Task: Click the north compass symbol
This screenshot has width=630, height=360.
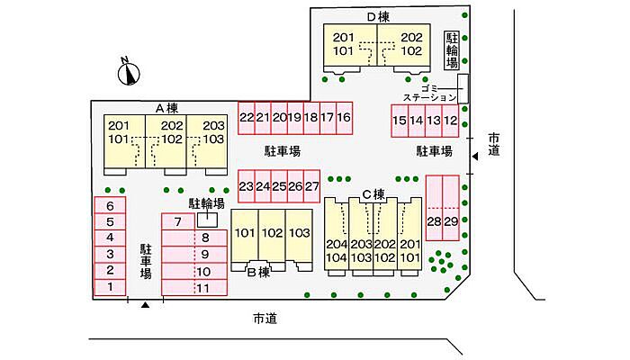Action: [129, 71]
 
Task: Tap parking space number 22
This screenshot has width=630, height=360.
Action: [247, 117]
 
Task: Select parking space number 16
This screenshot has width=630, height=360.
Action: [344, 117]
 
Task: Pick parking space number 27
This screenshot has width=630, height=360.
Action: [311, 186]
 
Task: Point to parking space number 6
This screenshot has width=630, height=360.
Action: [110, 205]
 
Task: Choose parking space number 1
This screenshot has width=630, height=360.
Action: [110, 287]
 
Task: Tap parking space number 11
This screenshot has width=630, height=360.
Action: [203, 288]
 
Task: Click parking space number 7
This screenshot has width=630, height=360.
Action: [178, 221]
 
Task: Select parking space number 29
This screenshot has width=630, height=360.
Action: [452, 221]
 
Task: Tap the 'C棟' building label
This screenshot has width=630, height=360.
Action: [373, 193]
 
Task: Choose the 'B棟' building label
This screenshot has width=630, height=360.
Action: [258, 272]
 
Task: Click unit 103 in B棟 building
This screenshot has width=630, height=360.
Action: [299, 233]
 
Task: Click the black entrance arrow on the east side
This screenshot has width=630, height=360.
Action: [476, 157]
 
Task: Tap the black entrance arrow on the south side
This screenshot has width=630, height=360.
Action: [145, 306]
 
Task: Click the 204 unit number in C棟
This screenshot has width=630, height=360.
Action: [337, 244]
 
